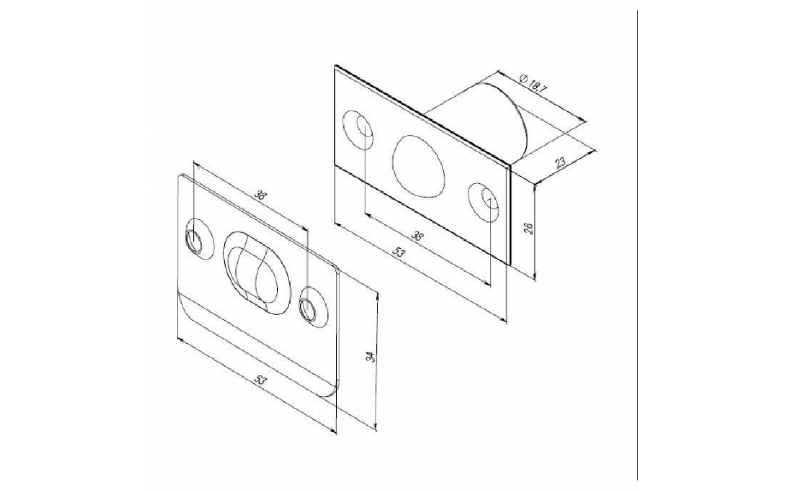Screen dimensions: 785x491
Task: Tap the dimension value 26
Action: point(529,228)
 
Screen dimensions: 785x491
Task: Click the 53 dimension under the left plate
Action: point(259,380)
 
